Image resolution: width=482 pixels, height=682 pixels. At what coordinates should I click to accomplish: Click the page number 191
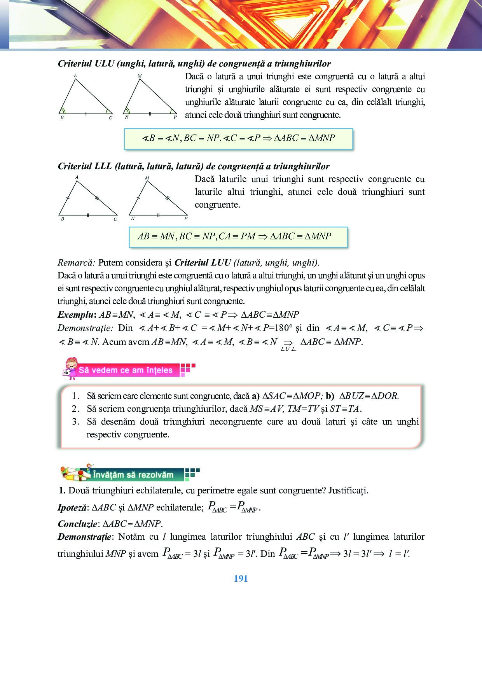point(241,579)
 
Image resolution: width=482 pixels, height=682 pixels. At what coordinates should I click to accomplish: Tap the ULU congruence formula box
point(238,138)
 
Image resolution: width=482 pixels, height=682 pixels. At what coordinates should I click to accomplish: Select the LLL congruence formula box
point(238,237)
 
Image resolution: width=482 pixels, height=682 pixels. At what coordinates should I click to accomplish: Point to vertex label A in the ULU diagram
point(75,75)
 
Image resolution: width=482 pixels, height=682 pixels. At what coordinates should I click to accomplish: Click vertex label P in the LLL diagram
point(186,219)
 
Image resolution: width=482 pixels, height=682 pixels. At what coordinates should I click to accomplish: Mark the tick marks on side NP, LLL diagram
point(158,215)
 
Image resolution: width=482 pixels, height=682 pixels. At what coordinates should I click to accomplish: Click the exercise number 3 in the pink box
point(75,422)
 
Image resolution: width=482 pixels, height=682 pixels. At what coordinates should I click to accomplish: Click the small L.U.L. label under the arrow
point(288,349)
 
